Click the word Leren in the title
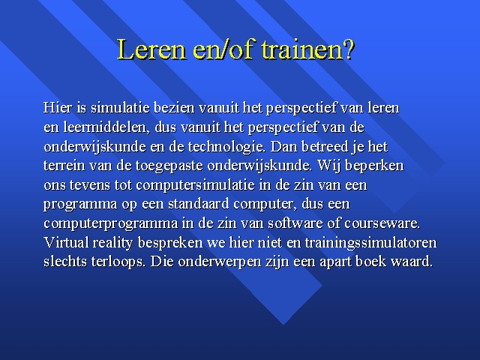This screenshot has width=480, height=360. [151, 49]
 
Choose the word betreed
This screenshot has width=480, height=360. [325, 147]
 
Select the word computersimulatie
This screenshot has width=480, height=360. [195, 185]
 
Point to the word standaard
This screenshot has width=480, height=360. [198, 204]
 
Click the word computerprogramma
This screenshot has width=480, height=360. [111, 223]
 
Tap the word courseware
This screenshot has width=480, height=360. [382, 223]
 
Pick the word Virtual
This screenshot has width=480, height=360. [66, 243]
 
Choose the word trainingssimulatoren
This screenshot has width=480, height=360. [370, 243]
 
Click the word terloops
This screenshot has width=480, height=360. [118, 262]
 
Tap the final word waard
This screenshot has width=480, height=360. [412, 262]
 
